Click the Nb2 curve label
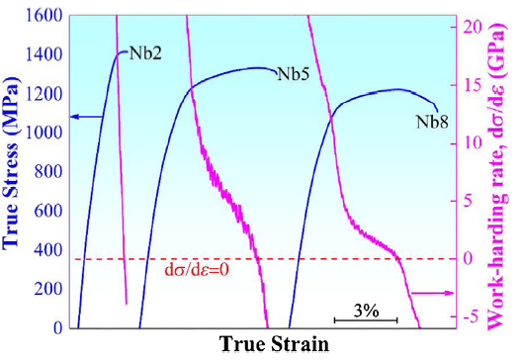[145, 50]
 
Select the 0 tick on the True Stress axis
[59, 327]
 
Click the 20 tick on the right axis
[469, 26]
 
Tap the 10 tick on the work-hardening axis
[469, 142]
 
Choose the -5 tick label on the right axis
[469, 316]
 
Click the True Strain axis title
[273, 345]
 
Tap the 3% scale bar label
[365, 310]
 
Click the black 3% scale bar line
[365, 320]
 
